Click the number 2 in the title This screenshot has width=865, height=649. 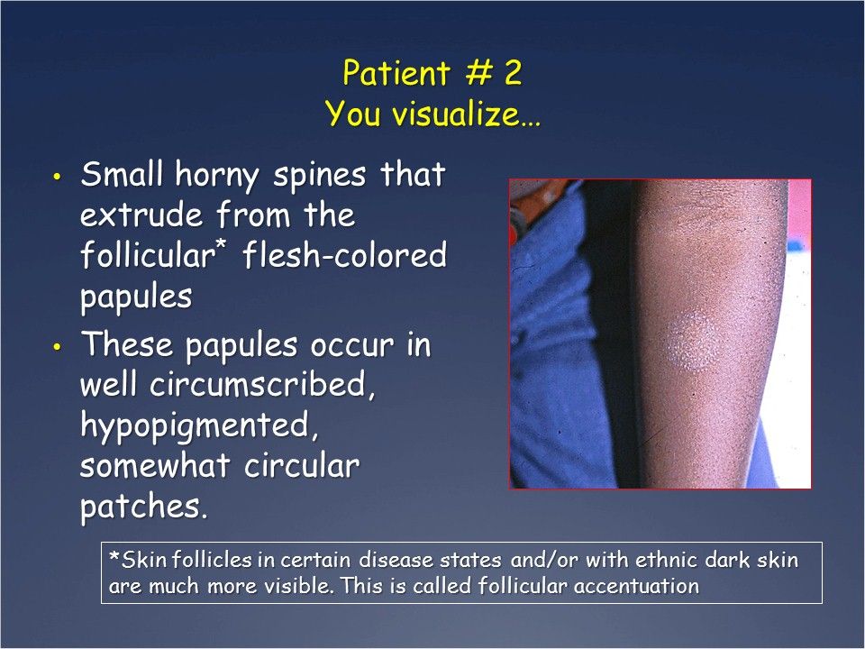pyautogui.click(x=513, y=74)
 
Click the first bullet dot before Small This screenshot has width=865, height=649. pyautogui.click(x=58, y=177)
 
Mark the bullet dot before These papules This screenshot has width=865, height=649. pyautogui.click(x=58, y=348)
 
